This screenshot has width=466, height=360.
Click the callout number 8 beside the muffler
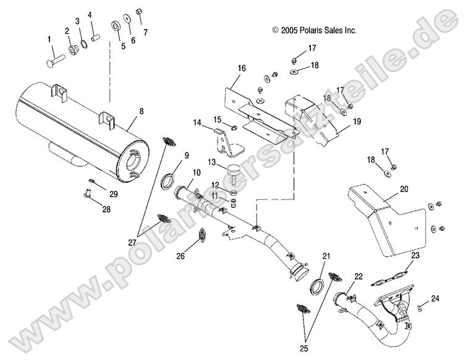141,111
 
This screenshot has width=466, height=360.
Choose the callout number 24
436,299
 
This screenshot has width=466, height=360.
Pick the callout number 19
357,122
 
